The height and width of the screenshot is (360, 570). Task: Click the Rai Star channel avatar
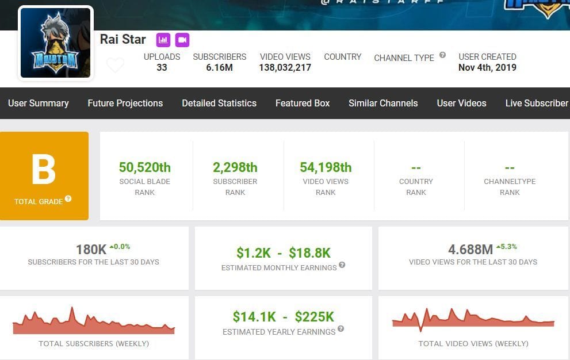(x=55, y=43)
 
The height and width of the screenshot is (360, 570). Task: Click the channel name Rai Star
(x=123, y=39)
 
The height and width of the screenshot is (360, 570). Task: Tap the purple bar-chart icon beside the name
(x=163, y=40)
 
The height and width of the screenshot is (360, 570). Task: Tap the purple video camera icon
(x=182, y=40)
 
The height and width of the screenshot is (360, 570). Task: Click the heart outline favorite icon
(x=115, y=65)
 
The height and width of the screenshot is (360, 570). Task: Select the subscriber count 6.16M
(x=219, y=67)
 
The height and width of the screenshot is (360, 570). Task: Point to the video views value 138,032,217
(x=285, y=67)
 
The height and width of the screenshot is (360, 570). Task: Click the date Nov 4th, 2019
(x=487, y=67)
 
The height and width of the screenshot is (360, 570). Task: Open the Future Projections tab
(x=125, y=104)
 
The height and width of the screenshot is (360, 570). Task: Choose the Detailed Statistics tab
(x=219, y=104)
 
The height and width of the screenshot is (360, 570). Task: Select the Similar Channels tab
(x=383, y=104)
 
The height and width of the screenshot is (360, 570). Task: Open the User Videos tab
(x=461, y=104)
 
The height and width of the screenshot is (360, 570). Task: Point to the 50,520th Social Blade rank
(x=145, y=167)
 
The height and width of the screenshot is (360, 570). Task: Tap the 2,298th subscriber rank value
(x=235, y=167)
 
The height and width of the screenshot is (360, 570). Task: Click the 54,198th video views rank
(x=326, y=167)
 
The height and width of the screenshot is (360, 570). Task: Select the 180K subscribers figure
(x=91, y=250)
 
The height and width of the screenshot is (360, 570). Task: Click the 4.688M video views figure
(x=470, y=250)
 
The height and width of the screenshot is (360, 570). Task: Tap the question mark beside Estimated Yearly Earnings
(x=341, y=329)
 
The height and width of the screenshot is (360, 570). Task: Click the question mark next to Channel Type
(x=442, y=55)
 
